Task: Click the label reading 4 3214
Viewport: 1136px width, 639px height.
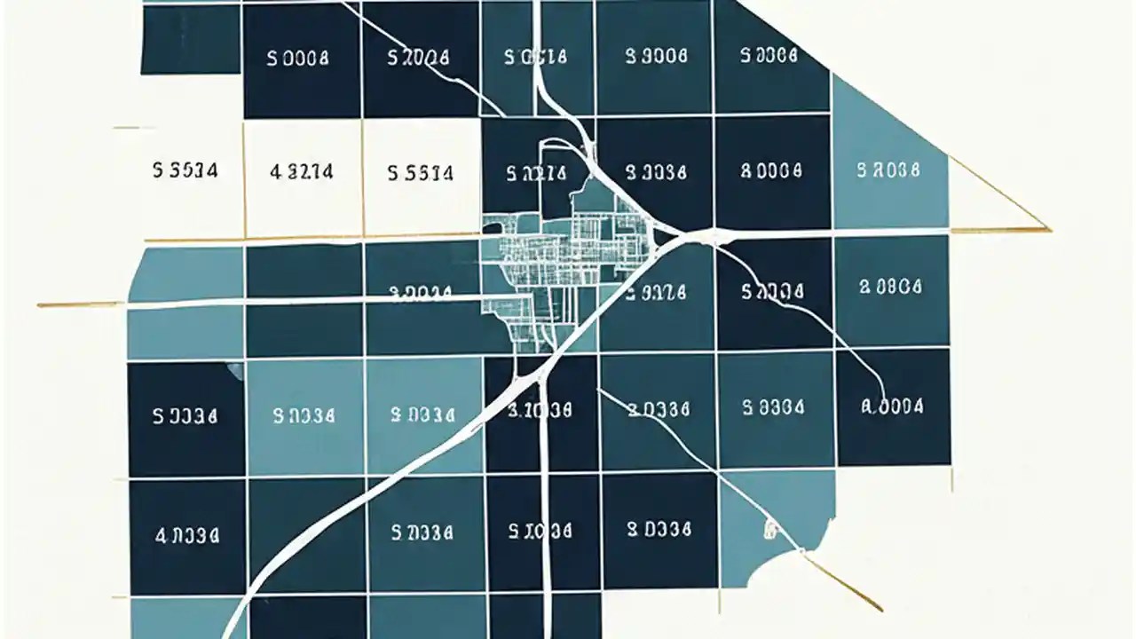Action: coord(302,170)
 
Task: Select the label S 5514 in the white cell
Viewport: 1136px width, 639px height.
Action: coord(421,172)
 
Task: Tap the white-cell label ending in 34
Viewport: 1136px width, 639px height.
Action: coord(185,170)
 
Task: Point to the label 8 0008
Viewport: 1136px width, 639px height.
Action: coord(771,170)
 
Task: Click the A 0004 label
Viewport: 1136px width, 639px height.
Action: coord(892,406)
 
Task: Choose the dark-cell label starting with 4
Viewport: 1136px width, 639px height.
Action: coord(186,535)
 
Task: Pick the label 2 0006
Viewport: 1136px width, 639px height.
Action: coord(890,287)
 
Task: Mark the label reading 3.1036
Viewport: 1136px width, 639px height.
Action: coord(540,410)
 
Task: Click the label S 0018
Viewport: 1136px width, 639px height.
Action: coord(535,58)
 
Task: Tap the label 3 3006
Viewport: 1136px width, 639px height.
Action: coord(656,56)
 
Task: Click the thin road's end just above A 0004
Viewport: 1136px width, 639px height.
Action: coord(884,390)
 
